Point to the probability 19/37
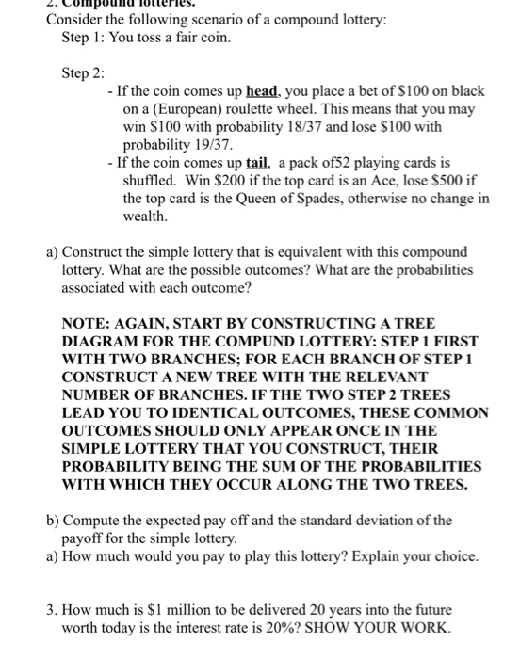tap(201, 145)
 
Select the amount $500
tap(442, 181)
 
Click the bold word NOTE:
tap(89, 323)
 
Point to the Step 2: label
tap(83, 73)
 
